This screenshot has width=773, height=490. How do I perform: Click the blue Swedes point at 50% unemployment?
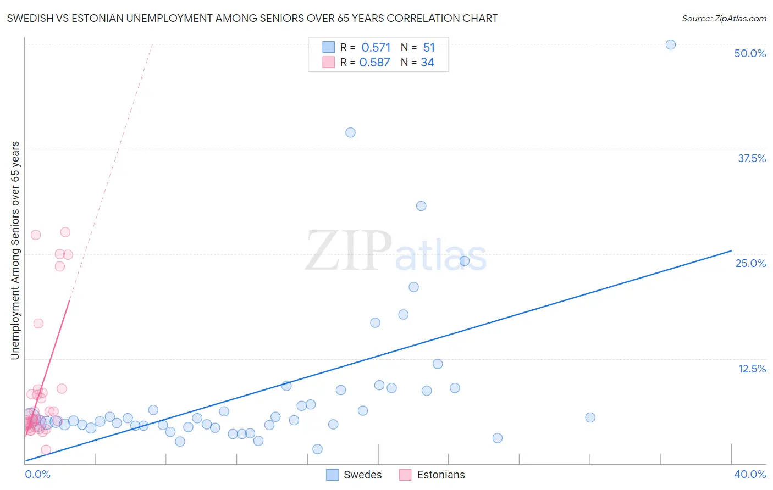pos(670,44)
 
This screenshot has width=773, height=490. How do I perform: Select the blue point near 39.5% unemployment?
pos(350,132)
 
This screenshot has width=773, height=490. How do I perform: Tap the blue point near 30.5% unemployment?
pos(421,206)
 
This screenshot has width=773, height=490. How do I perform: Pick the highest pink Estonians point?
pos(65,232)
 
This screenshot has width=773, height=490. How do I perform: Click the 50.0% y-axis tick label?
pos(750,53)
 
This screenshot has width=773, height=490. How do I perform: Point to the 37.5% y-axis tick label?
pos(752,158)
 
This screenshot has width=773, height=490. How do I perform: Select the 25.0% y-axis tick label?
pos(750,263)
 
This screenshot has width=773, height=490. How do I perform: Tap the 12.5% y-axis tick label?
pos(752,369)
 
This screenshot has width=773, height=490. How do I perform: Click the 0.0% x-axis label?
pos(37,474)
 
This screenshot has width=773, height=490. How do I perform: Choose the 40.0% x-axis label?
pos(750,474)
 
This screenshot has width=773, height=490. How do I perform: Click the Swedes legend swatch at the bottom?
pos(332,475)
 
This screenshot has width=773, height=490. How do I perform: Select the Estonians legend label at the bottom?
pos(441,475)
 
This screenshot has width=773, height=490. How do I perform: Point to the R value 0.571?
pos(376,47)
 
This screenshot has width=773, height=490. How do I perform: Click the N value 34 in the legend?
pos(427,62)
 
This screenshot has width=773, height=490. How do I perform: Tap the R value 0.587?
pos(375,62)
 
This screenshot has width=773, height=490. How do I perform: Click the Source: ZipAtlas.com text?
pos(724,18)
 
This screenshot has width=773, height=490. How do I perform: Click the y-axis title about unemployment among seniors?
pos(15,250)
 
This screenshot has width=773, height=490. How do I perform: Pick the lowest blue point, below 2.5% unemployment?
pos(317,449)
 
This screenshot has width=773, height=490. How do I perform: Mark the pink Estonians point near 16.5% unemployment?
pos(38,323)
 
